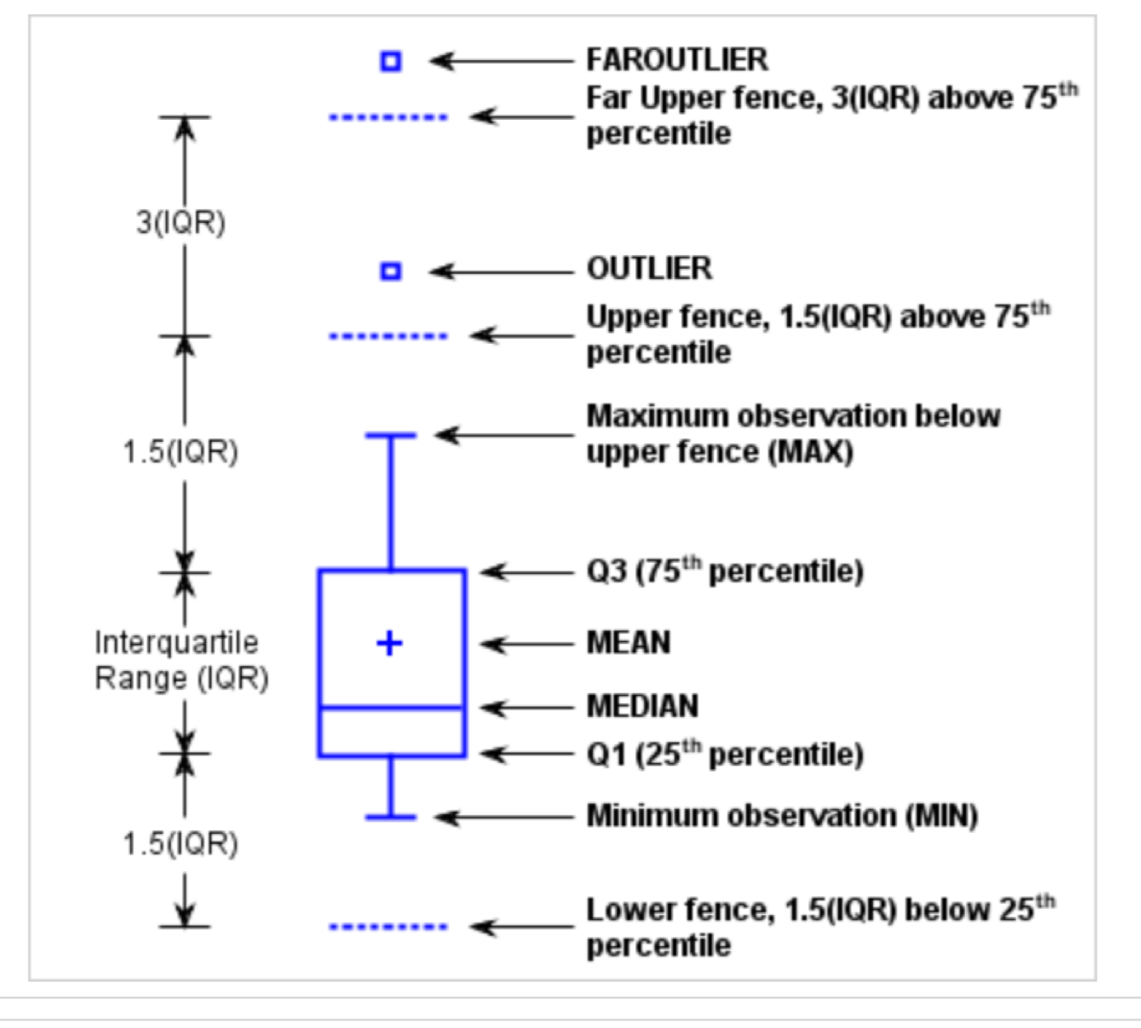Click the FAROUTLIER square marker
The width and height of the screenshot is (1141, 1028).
click(391, 61)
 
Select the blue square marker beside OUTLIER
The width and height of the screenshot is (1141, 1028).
click(391, 272)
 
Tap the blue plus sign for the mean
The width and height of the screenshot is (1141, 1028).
click(389, 643)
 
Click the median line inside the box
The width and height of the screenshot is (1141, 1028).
click(391, 708)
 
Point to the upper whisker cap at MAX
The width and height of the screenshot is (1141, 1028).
click(391, 436)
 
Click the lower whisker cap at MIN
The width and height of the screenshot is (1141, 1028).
click(391, 817)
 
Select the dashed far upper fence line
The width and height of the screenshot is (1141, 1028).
click(388, 117)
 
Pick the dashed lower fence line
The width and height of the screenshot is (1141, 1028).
click(388, 926)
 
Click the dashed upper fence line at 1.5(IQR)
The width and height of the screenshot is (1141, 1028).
click(388, 336)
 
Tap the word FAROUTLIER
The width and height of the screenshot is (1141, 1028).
click(677, 60)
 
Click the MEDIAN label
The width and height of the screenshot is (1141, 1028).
click(642, 706)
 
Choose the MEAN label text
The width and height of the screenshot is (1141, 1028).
click(628, 642)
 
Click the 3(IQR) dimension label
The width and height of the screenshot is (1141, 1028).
click(181, 223)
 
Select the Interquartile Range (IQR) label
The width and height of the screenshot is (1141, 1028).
click(181, 660)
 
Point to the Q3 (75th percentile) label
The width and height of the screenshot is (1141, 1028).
click(725, 571)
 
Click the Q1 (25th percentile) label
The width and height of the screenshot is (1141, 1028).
click(725, 754)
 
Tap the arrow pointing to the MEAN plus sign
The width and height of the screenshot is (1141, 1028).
click(526, 644)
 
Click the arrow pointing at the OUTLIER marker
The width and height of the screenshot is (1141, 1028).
click(501, 272)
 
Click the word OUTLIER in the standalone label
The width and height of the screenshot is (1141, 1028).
click(649, 269)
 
